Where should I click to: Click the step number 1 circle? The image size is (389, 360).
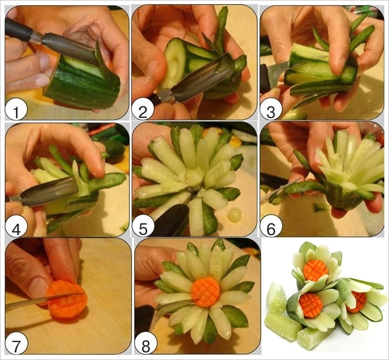point(16,109)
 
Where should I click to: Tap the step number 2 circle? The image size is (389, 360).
point(143,109)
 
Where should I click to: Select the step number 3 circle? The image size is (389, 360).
point(271,109)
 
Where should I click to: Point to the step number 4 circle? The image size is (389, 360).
point(16,225)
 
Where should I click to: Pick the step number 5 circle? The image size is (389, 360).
point(143,225)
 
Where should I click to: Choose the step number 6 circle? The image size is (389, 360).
point(271,225)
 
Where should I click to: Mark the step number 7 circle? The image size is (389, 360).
point(17,343)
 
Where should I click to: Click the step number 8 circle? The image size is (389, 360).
point(146,343)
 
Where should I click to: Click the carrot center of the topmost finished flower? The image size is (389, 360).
point(316,270)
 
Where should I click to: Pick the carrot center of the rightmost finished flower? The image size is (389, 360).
point(356,301)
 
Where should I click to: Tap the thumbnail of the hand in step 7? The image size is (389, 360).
point(38,287)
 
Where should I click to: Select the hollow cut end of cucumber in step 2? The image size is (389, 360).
point(173,64)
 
